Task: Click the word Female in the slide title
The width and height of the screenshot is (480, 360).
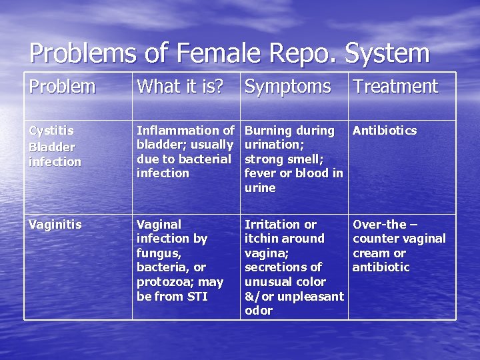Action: (195, 53)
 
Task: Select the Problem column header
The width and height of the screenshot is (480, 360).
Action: (62, 87)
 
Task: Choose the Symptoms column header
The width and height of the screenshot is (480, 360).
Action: (287, 87)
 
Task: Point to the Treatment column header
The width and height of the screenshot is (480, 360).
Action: (395, 87)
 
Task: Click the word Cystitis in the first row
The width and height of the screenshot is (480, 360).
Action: (51, 131)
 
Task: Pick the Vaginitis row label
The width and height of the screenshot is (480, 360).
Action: (55, 225)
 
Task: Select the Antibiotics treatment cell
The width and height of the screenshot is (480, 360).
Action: (385, 131)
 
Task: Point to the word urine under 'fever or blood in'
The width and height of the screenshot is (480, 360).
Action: (260, 188)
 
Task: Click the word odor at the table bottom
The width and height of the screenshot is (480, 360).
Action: (259, 311)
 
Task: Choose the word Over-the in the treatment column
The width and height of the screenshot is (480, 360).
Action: (379, 225)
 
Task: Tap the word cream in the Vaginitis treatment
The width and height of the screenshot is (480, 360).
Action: (371, 253)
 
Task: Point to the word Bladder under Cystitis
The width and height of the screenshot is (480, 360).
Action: (51, 147)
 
